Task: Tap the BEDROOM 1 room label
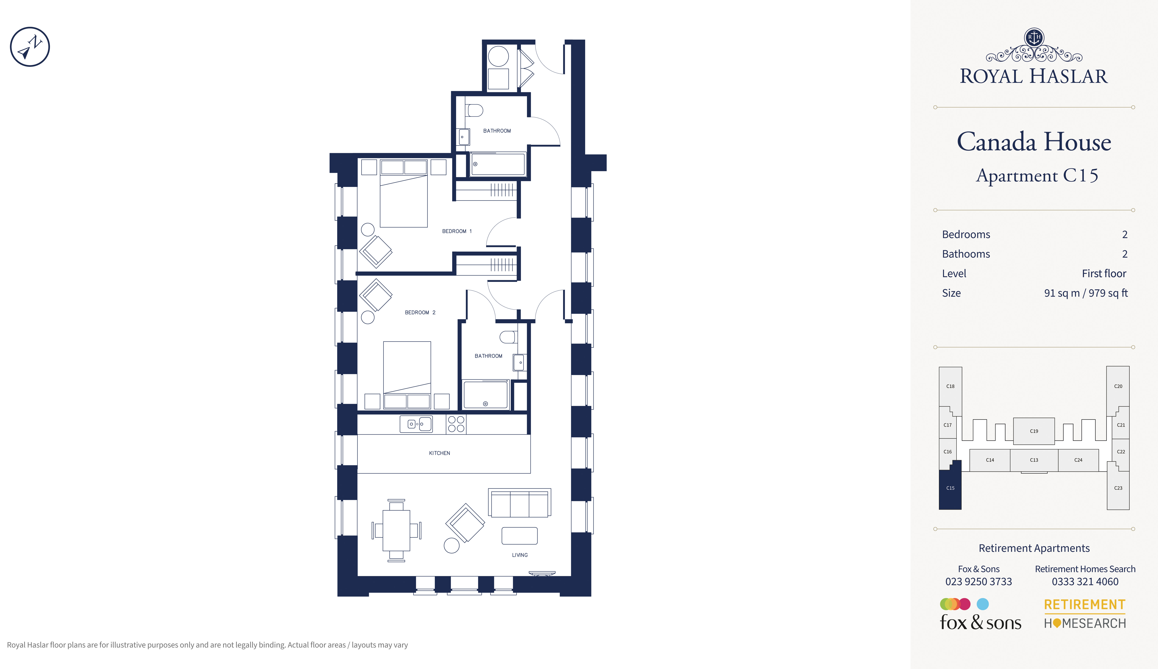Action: coord(457,231)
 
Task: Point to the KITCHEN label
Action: coord(439,453)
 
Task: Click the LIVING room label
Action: coord(520,555)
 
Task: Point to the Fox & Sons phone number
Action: coord(978,582)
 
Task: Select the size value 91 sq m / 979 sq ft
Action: coord(1085,293)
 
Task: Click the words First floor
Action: coord(1104,273)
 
